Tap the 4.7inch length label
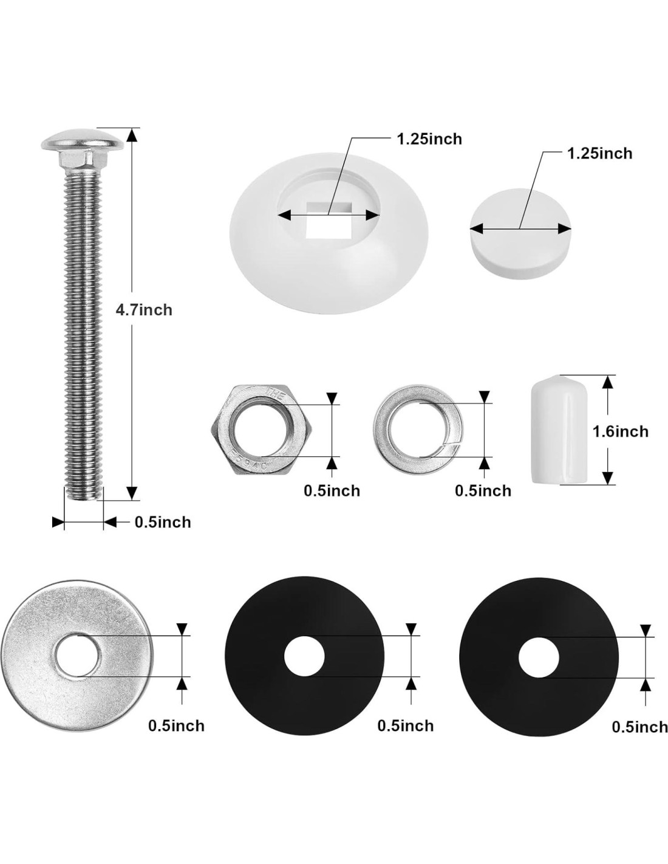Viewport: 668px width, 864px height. (144, 310)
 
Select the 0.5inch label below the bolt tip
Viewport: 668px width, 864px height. (163, 522)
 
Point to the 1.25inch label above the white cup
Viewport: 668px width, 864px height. (429, 139)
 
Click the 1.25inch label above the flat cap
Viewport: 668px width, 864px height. (599, 154)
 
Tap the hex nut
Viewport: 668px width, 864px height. (261, 430)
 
